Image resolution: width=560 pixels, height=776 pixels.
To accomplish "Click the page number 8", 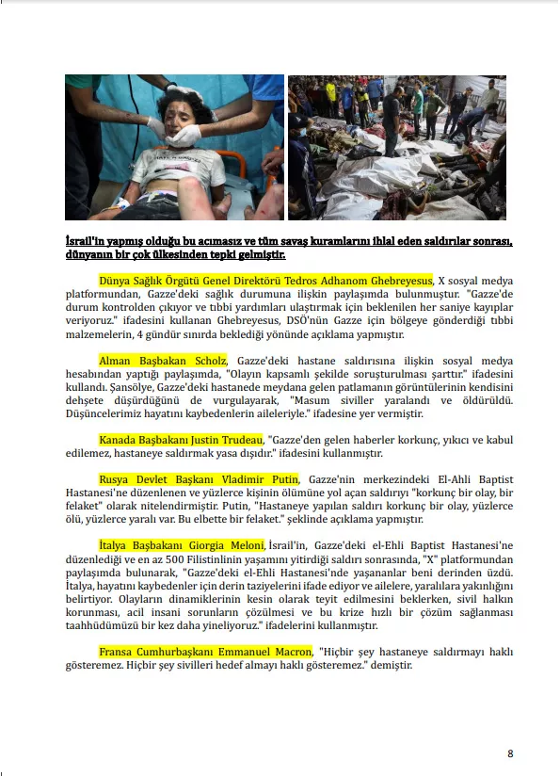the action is coord(510,753).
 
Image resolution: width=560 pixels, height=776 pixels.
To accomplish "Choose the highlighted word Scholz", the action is coord(211,361).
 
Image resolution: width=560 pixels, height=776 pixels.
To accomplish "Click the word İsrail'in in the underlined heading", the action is coord(85,241).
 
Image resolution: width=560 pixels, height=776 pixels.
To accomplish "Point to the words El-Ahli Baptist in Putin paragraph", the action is coord(476,479).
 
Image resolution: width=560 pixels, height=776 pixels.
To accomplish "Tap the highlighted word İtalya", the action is coord(112,546).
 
